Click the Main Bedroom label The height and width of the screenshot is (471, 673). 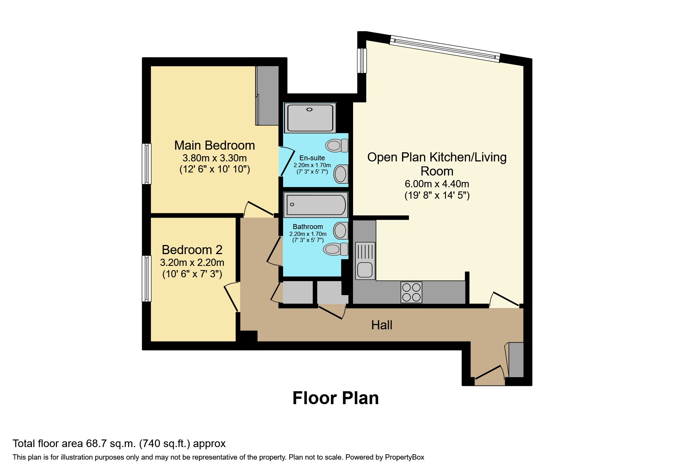214,145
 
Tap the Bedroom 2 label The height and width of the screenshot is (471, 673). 192,250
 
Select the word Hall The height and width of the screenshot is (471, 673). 382,325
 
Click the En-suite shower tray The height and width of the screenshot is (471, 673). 310,117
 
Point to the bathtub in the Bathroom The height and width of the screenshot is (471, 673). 316,205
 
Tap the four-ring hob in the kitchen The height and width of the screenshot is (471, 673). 411,292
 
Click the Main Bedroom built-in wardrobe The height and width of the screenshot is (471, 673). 268,96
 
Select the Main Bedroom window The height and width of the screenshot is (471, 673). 147,164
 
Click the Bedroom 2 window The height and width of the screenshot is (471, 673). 147,278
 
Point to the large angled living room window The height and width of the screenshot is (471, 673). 445,49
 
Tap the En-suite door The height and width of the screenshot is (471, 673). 287,162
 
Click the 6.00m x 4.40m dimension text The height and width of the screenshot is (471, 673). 437,184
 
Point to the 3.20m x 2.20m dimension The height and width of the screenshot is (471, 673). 192,262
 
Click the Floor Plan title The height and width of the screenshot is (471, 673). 336,398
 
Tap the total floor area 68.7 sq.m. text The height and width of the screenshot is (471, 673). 119,443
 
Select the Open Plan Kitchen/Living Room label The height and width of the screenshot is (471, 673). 437,164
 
